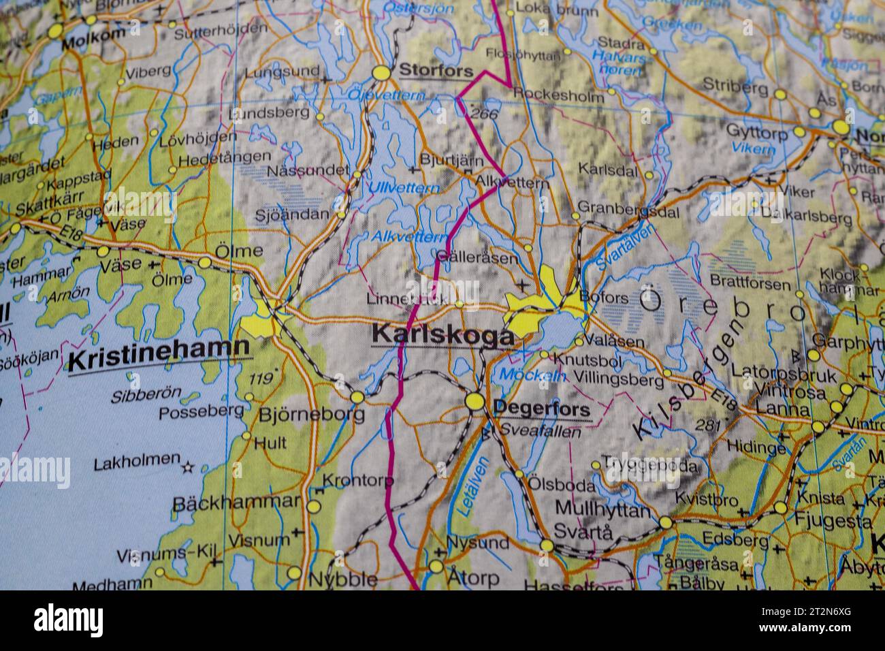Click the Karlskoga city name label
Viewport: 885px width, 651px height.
[x=442, y=335]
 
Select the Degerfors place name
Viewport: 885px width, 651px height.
[x=542, y=409]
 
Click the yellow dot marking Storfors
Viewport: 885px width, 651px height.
[x=383, y=72]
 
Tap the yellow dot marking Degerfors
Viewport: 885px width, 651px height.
[x=474, y=401]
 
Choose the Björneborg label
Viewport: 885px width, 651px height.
[x=311, y=414]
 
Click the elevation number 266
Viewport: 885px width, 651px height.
[x=484, y=114]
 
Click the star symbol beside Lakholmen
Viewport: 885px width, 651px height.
[x=188, y=467]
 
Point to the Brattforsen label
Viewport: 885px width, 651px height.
[x=750, y=282]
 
